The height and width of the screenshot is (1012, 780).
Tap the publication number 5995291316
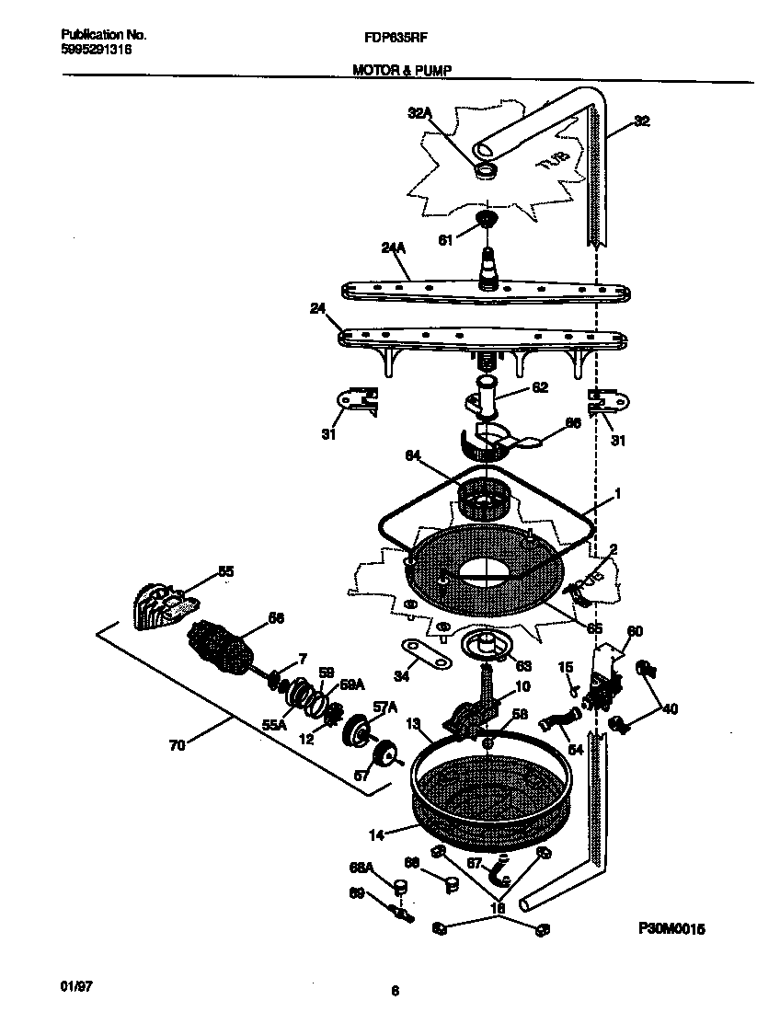96,51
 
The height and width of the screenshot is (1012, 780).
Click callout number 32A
419,115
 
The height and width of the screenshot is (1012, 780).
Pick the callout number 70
178,745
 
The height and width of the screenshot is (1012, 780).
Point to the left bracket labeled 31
356,402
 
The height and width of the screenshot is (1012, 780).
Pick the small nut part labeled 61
485,221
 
